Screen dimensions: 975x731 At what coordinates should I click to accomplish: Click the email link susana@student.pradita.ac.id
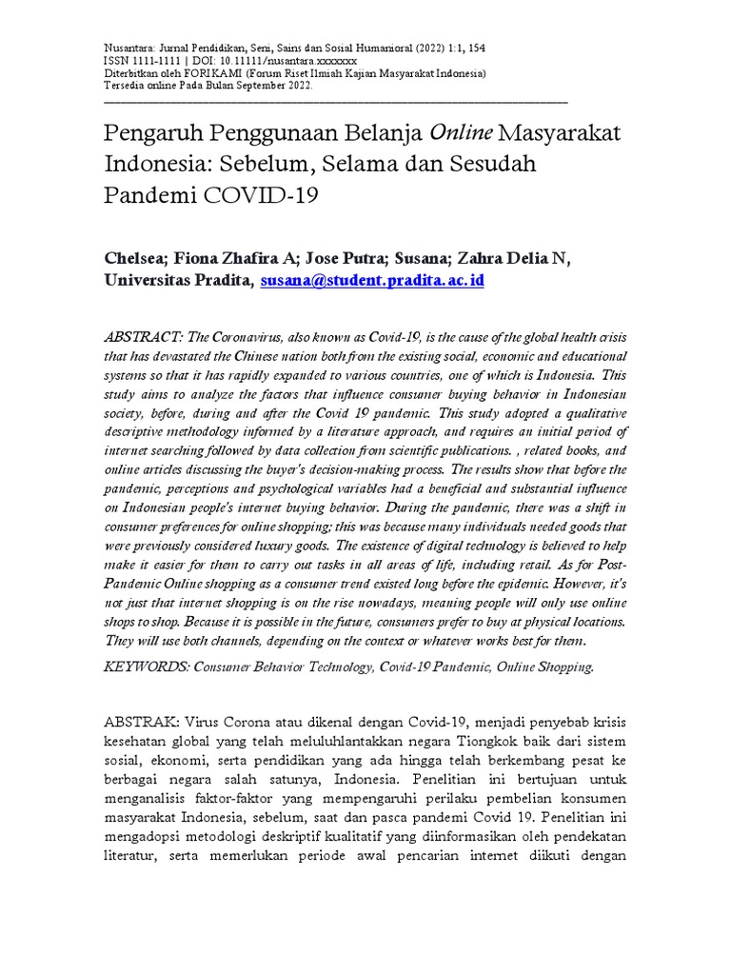click(x=372, y=281)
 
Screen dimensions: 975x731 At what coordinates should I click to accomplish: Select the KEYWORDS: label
click(x=145, y=667)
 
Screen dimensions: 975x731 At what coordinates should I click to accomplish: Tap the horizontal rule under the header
click(x=334, y=100)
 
